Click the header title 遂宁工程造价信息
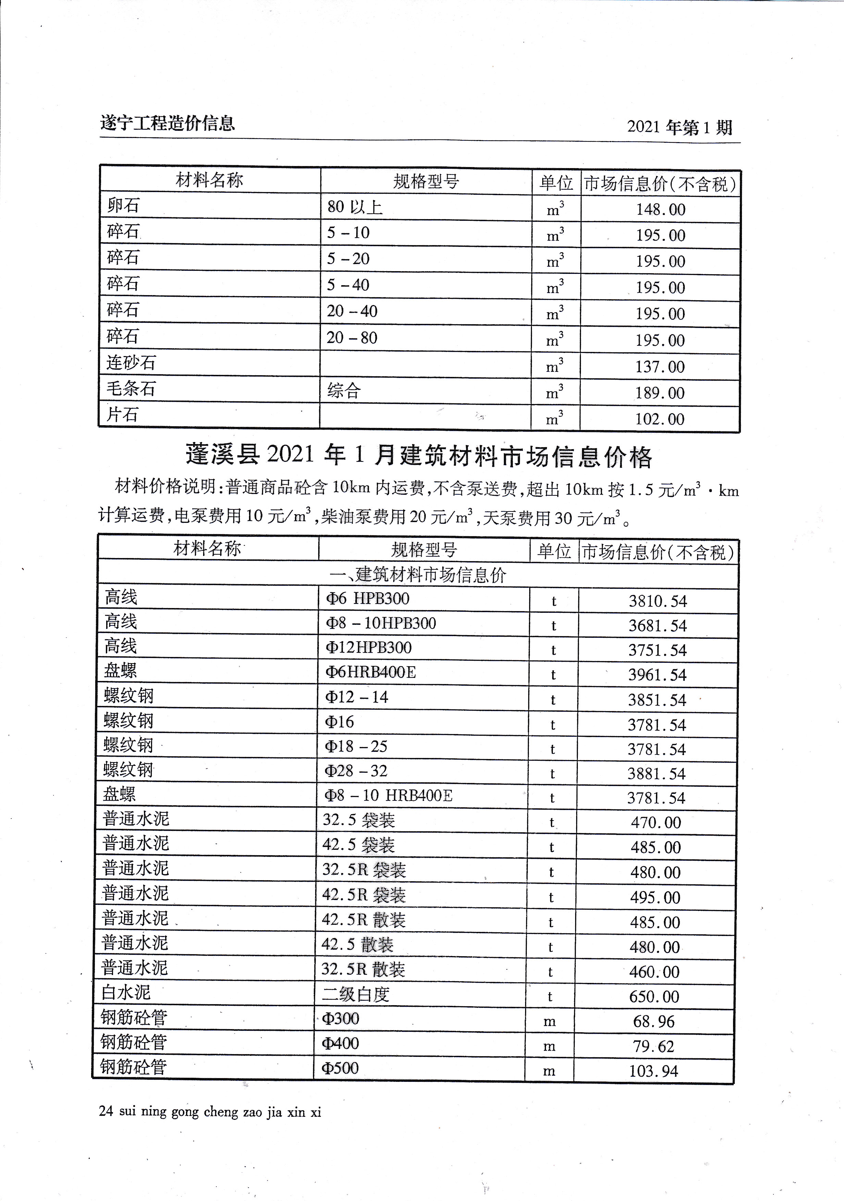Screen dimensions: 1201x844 [167, 124]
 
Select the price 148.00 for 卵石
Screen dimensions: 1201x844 [660, 209]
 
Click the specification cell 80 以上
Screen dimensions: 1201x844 [355, 207]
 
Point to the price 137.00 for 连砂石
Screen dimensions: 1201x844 [660, 367]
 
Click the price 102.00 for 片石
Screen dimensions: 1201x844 [659, 419]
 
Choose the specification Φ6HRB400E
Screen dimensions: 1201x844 [371, 672]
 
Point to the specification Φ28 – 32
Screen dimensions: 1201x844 [356, 771]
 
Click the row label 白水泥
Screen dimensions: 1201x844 [126, 992]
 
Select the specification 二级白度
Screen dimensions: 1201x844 [356, 994]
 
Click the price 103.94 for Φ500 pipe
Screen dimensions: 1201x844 [653, 1071]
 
